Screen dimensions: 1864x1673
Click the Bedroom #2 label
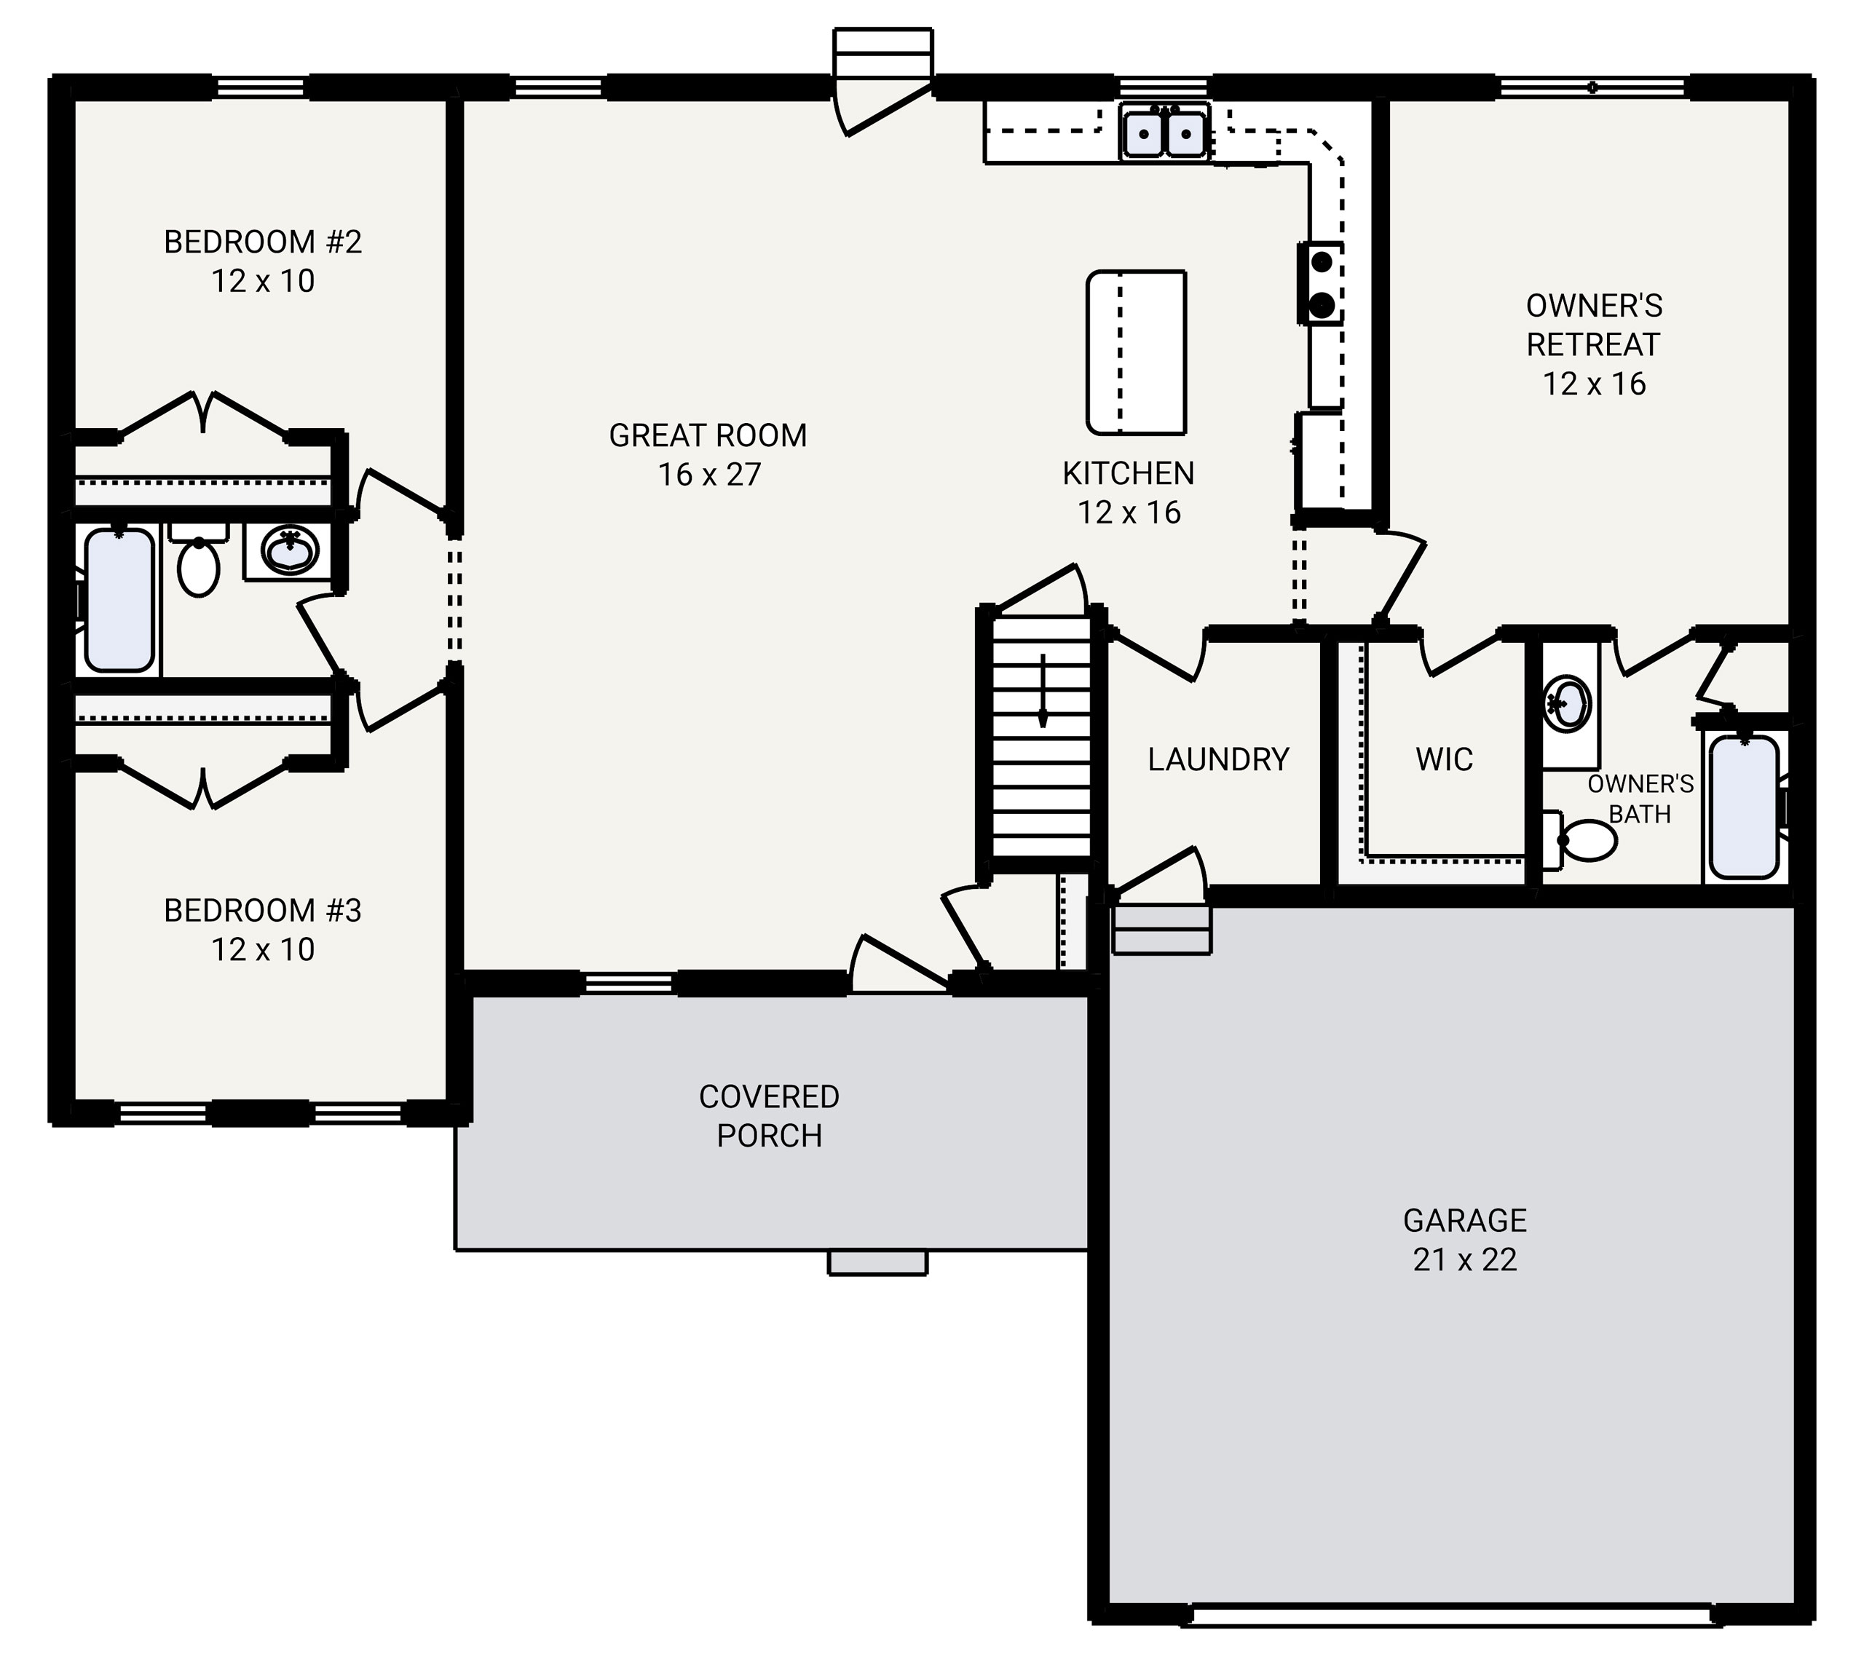tap(263, 242)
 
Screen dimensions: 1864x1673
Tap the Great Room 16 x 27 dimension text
tap(708, 475)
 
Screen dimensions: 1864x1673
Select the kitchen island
tap(1136, 352)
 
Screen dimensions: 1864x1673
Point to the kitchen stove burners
tap(1321, 283)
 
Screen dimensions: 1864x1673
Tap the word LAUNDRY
tap(1218, 759)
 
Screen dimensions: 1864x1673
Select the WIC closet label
tap(1444, 759)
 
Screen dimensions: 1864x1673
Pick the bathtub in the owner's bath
tap(1744, 806)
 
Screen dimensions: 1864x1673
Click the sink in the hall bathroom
tap(291, 550)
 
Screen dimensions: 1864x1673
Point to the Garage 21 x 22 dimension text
tap(1465, 1259)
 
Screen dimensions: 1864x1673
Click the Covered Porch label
tap(770, 1116)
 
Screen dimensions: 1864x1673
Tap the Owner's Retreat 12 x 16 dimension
tap(1594, 384)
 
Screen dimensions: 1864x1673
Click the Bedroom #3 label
tap(263, 910)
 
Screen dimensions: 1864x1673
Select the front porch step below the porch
tap(878, 1262)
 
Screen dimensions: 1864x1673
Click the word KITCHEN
tap(1129, 473)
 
